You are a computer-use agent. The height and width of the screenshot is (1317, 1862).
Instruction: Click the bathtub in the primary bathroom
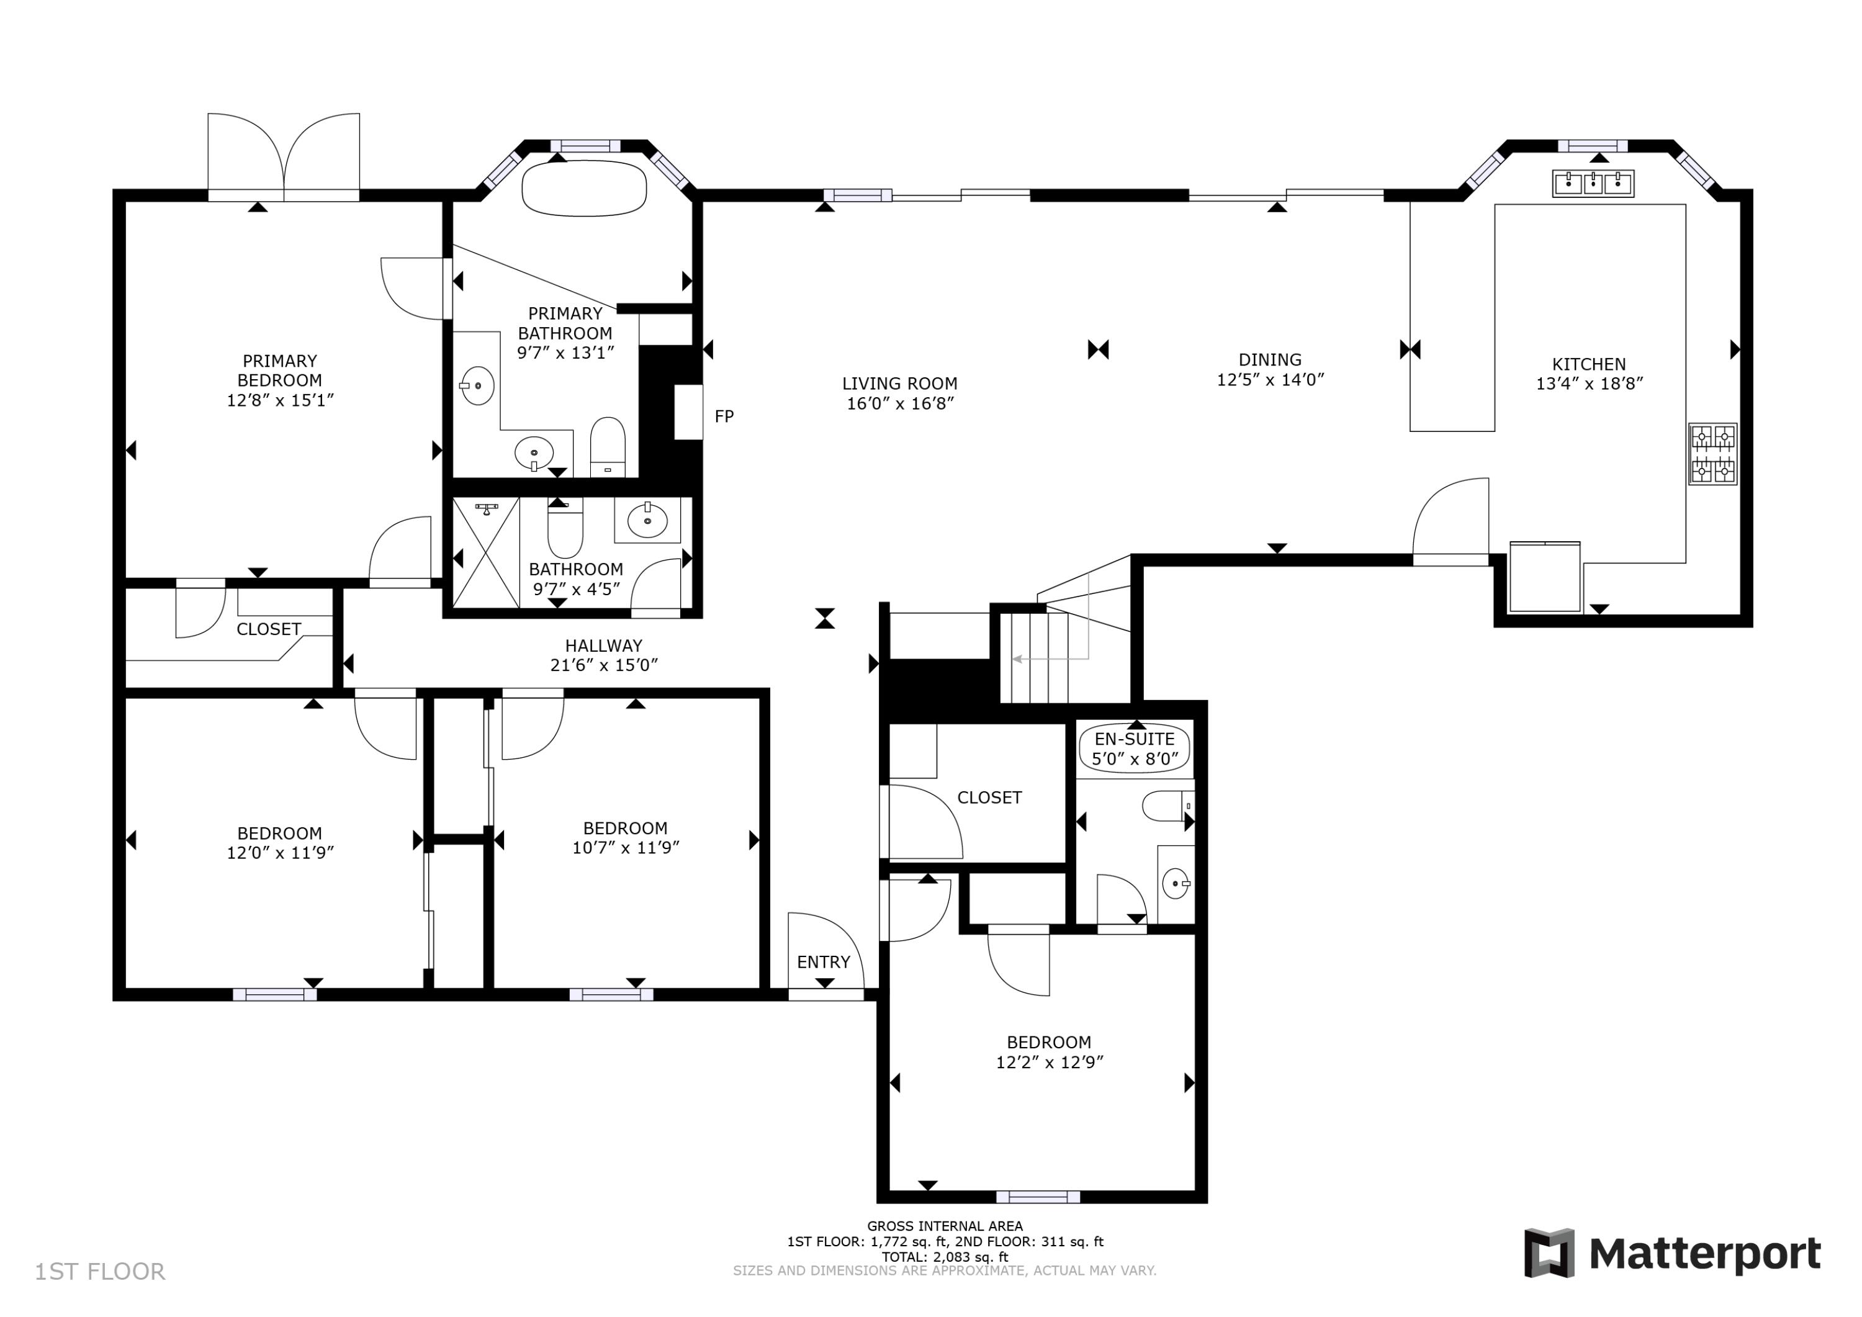coord(584,189)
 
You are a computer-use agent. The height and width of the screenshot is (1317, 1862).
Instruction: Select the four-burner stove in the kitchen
coord(1713,454)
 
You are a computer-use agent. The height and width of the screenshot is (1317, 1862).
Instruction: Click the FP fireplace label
coord(724,417)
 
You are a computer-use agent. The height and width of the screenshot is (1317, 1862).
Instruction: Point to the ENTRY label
coord(823,963)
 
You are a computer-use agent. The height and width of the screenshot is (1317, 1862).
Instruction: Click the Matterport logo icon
coord(1549,1253)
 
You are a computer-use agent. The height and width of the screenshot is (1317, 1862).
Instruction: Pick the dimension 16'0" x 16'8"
coord(899,404)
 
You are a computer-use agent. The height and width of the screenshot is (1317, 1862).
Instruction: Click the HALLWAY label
coord(603,645)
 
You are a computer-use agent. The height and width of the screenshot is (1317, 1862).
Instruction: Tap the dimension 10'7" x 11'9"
coord(625,847)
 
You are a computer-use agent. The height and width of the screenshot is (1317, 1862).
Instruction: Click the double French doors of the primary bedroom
coord(284,158)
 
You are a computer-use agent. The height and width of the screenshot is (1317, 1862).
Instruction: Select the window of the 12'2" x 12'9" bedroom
coord(1038,1197)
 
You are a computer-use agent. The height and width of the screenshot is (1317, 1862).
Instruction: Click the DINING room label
coord(1270,359)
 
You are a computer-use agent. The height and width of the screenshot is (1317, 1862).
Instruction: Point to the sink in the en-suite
coord(1175,883)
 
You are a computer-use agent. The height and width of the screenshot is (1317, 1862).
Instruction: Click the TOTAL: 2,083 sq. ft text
coord(945,1257)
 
